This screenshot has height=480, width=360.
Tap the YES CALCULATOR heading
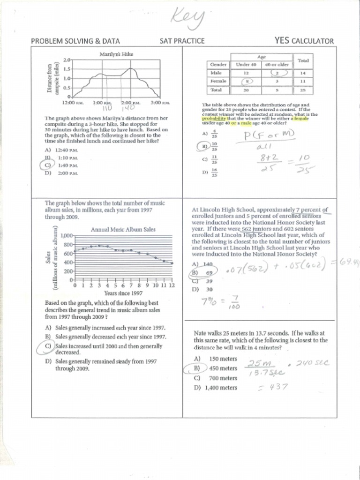[304, 41]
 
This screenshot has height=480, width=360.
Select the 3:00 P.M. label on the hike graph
[160, 102]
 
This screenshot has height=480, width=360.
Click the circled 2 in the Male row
[277, 73]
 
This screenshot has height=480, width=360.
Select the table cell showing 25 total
[303, 90]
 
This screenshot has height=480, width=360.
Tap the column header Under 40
[246, 64]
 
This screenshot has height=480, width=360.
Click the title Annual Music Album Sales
[123, 230]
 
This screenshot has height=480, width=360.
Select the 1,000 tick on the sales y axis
[67, 236]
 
